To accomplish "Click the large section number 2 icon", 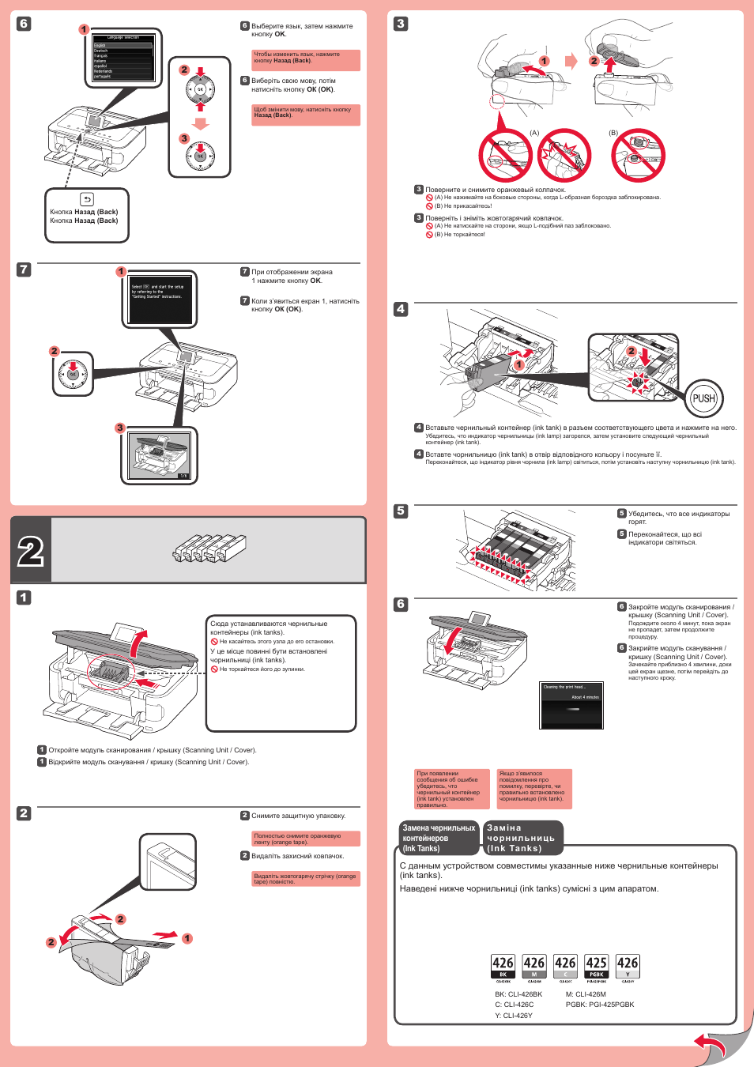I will click(x=31, y=551).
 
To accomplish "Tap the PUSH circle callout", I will click(x=703, y=398).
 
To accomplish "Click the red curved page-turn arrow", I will click(x=711, y=1046).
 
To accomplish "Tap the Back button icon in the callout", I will click(x=87, y=200).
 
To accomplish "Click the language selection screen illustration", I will click(x=123, y=57).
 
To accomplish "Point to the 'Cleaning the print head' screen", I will click(x=571, y=704).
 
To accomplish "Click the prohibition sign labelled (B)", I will click(x=639, y=155).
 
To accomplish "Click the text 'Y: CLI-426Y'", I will click(x=514, y=1016).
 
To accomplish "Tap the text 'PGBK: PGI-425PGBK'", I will click(x=600, y=1005).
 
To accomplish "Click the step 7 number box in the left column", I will click(x=24, y=270).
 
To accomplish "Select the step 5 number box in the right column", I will click(x=401, y=511).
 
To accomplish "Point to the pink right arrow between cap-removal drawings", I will click(x=571, y=61).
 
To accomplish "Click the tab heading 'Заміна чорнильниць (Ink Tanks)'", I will click(x=522, y=838).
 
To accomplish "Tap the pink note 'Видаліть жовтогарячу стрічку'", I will click(x=305, y=878).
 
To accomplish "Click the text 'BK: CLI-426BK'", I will click(x=518, y=994).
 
